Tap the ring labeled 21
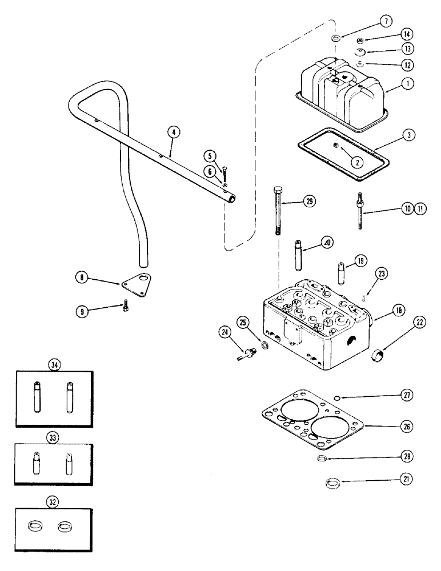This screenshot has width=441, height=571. [x=331, y=484]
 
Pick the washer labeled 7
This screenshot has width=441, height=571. [x=335, y=39]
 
